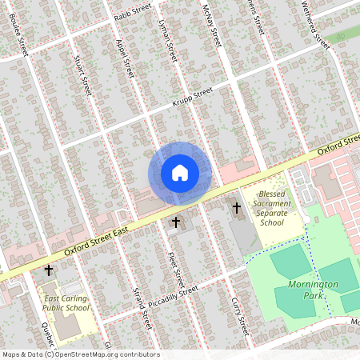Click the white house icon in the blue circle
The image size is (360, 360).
[180, 172]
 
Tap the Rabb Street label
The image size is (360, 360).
[132, 10]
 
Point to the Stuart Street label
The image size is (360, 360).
[82, 75]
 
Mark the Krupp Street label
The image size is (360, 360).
[192, 99]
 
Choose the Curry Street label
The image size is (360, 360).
[240, 315]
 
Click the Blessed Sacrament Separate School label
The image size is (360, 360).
[272, 208]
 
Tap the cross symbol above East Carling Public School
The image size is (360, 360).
[49, 271]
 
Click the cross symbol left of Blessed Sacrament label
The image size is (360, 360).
[236, 208]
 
